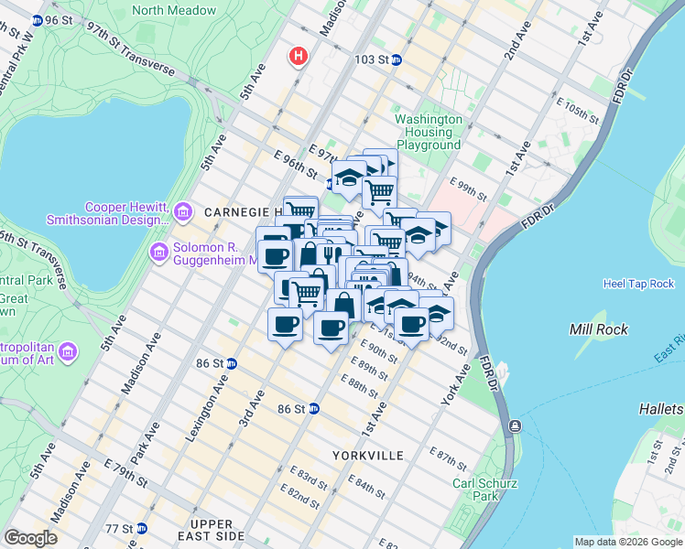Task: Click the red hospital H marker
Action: (298, 57)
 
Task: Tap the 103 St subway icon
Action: (397, 59)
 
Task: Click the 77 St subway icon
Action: (141, 528)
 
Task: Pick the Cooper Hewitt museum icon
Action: (182, 213)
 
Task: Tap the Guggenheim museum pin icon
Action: (159, 251)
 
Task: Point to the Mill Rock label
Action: (598, 329)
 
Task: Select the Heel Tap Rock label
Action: (638, 284)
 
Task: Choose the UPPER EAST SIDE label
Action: (205, 530)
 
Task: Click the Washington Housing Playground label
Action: (428, 132)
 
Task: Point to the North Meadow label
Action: (174, 11)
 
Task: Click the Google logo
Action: (30, 538)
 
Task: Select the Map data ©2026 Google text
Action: (627, 542)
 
